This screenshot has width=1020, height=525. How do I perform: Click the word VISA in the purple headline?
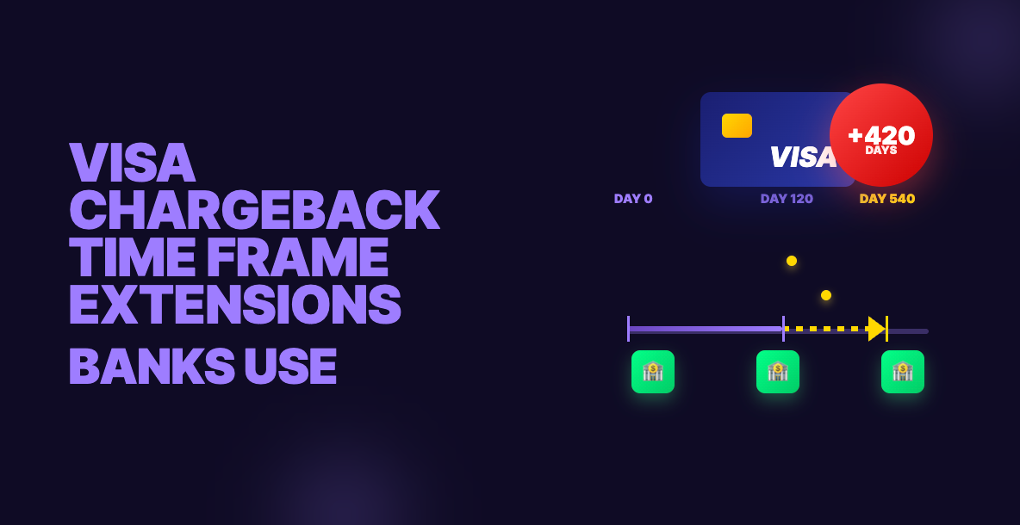[x=132, y=163]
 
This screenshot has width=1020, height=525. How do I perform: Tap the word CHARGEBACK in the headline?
[x=254, y=210]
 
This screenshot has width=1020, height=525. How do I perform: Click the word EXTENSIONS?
[x=235, y=305]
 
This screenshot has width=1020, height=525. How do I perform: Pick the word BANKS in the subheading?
[x=152, y=367]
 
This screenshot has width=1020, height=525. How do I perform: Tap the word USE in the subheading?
[x=291, y=367]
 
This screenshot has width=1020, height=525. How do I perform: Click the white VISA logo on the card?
[x=803, y=157]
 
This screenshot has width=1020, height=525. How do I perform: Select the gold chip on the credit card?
[x=737, y=126]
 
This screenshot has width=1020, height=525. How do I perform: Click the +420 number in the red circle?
[x=881, y=135]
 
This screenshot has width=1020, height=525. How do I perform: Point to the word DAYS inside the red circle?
[x=881, y=150]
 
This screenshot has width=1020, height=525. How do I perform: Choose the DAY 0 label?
[x=633, y=199]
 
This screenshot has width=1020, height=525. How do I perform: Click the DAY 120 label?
[x=787, y=199]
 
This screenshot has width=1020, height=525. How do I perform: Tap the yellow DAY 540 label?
[x=887, y=199]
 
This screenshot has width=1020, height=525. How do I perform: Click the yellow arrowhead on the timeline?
[x=877, y=329]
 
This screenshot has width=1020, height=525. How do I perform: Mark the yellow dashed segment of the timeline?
[x=826, y=329]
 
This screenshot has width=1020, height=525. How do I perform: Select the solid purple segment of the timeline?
[x=706, y=329]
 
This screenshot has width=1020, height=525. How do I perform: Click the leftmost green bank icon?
[x=653, y=372]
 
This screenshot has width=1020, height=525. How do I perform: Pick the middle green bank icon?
[x=778, y=372]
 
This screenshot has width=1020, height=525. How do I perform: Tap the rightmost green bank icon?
[x=903, y=372]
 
